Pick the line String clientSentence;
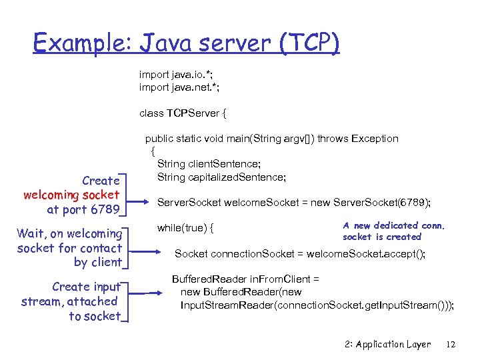click(x=209, y=164)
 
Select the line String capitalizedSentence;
click(x=221, y=177)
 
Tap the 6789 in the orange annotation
click(x=105, y=210)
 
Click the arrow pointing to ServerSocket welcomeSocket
click(x=141, y=202)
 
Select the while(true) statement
click(x=185, y=228)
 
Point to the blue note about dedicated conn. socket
click(x=393, y=231)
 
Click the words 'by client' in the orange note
click(x=97, y=262)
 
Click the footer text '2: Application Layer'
click(x=388, y=344)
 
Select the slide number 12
click(x=451, y=344)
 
